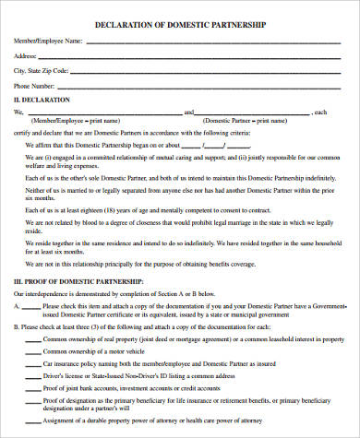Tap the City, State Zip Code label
[x=41, y=70]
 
